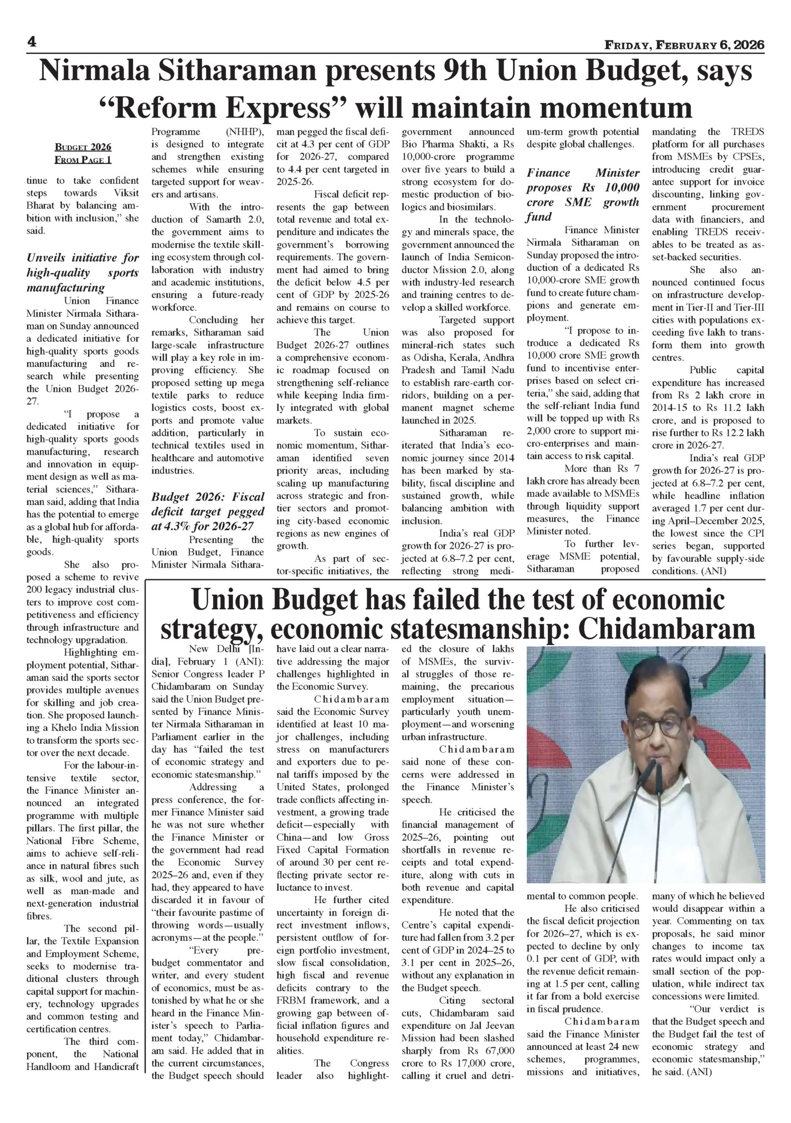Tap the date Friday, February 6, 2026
(x=684, y=45)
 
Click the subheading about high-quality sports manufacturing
(x=83, y=272)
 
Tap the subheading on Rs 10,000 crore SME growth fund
(x=583, y=194)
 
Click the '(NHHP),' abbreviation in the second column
(x=245, y=132)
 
